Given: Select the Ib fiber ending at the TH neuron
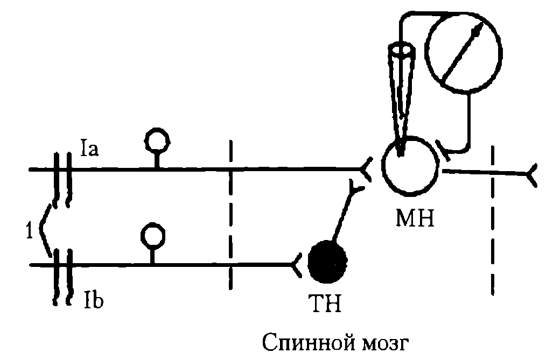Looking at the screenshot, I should coord(297,264).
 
